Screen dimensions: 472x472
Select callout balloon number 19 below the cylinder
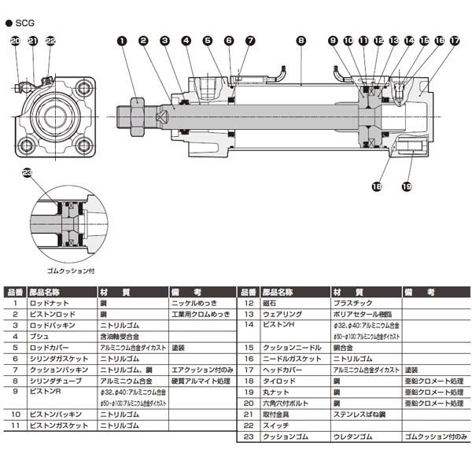click(407, 186)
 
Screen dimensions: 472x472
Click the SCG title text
click(25, 13)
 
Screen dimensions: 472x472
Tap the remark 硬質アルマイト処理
click(199, 380)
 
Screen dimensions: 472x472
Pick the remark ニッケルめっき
click(193, 302)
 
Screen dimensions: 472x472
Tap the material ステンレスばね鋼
click(359, 414)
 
